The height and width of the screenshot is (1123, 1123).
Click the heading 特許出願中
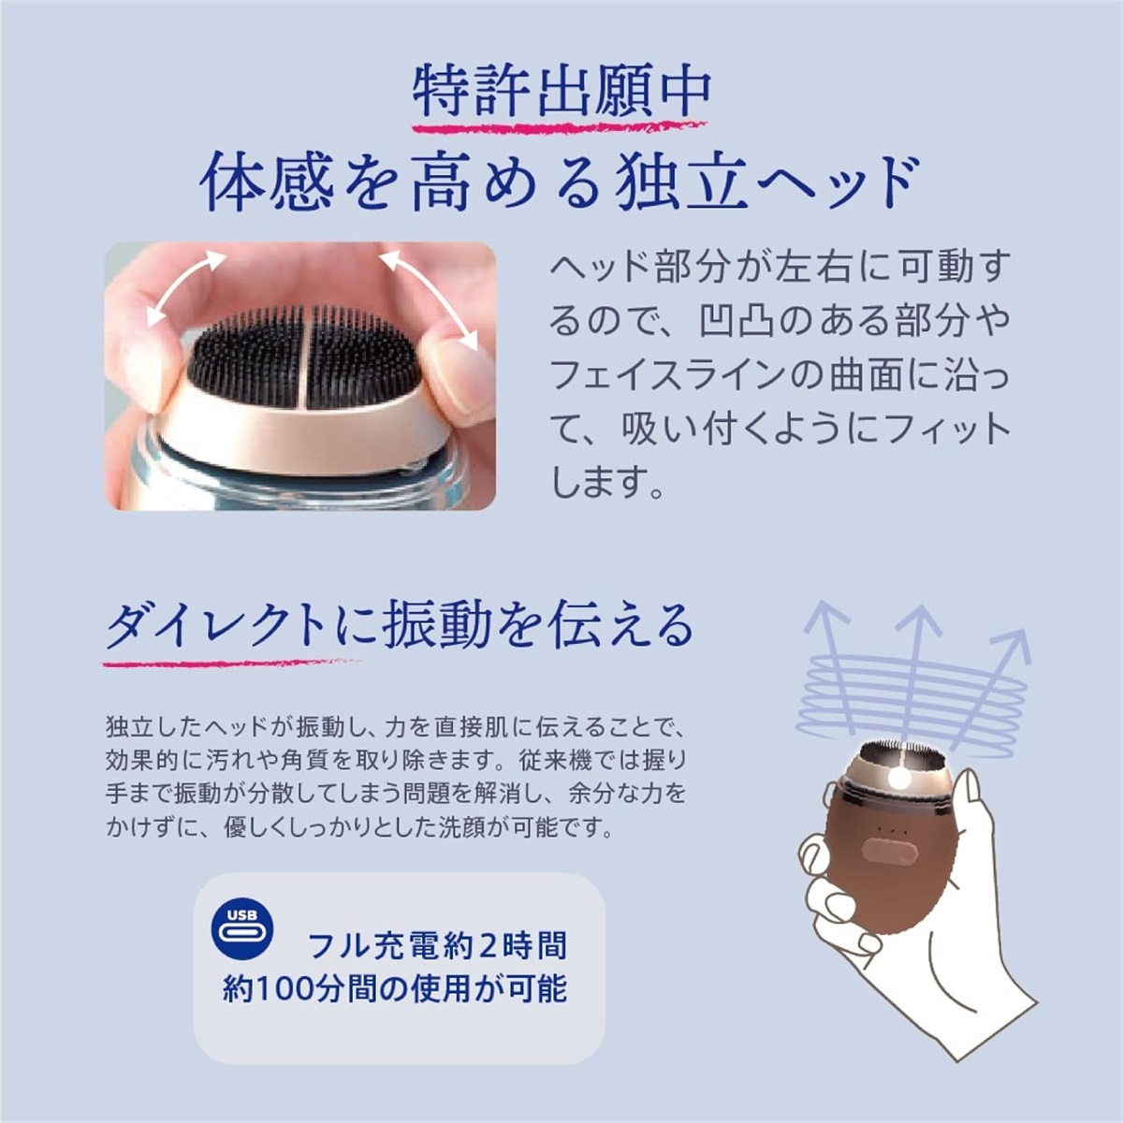(561, 91)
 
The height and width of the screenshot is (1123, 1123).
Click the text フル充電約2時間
(437, 946)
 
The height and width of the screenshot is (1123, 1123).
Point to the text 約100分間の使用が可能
(395, 988)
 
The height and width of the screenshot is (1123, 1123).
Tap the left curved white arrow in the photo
(184, 284)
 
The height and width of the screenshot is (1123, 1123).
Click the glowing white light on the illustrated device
(901, 778)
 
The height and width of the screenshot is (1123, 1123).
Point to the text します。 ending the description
(607, 483)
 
